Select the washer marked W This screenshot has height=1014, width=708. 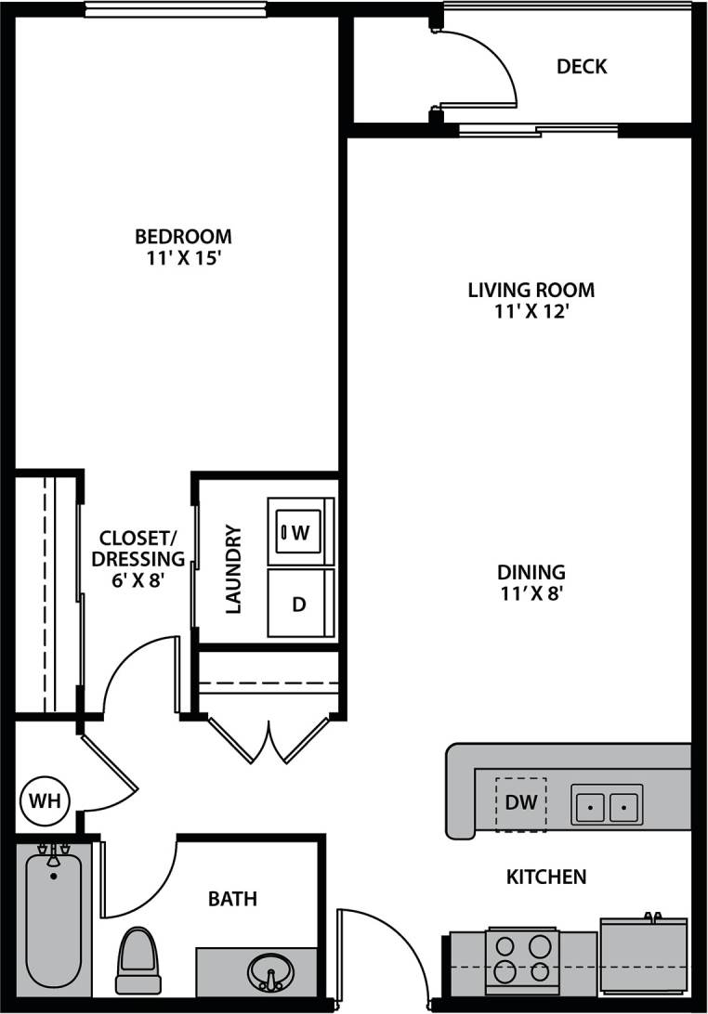pyautogui.click(x=300, y=532)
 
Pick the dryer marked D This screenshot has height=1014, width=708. pyautogui.click(x=299, y=604)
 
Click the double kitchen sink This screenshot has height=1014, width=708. pyautogui.click(x=606, y=806)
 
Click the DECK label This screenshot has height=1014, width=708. pyautogui.click(x=582, y=67)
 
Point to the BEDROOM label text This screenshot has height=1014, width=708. pyautogui.click(x=183, y=236)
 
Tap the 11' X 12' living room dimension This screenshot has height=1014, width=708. pyautogui.click(x=531, y=312)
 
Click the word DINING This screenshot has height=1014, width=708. pyautogui.click(x=531, y=572)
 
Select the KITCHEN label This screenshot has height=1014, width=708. pyautogui.click(x=546, y=877)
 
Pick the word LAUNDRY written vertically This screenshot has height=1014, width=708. pyautogui.click(x=233, y=569)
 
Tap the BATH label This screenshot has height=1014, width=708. pyautogui.click(x=232, y=899)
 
